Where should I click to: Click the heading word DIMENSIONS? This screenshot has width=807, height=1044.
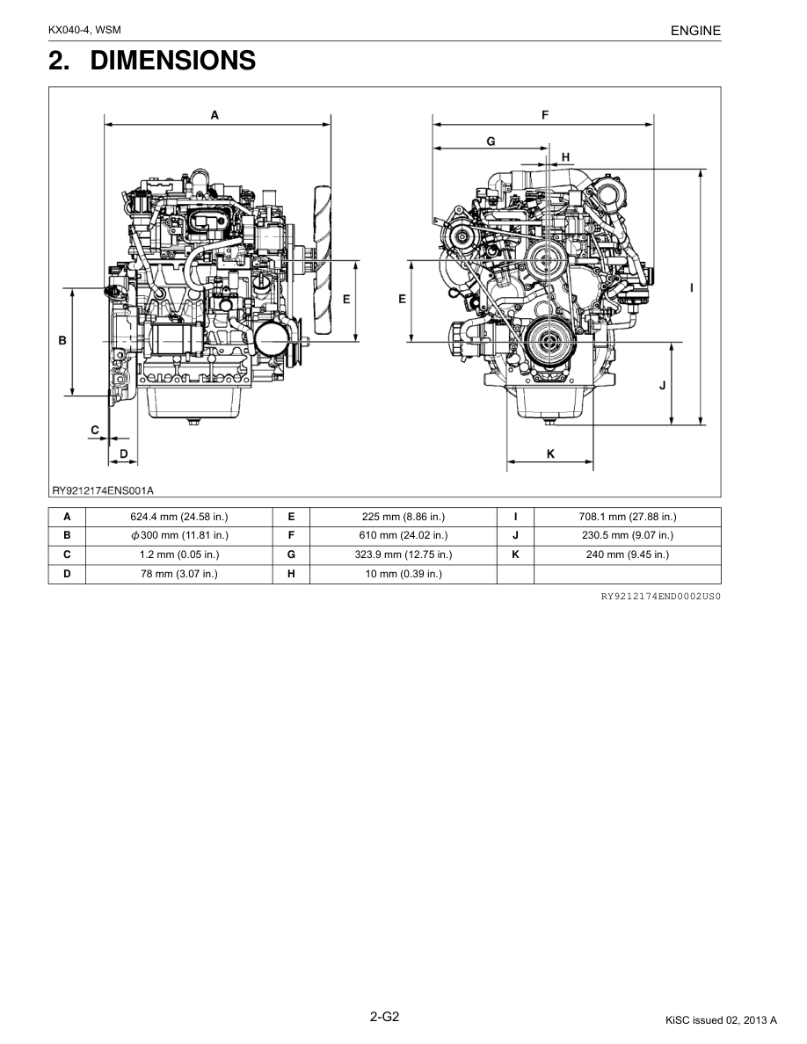click(x=172, y=61)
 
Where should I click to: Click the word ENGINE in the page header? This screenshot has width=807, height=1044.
click(x=695, y=31)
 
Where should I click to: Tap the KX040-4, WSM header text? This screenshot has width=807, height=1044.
click(x=84, y=30)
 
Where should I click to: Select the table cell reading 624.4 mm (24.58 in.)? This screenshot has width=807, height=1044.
click(x=179, y=517)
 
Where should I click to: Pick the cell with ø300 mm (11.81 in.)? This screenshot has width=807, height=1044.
click(x=179, y=535)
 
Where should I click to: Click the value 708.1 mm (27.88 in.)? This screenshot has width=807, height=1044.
click(x=627, y=517)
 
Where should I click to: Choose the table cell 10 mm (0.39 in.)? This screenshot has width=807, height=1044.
click(x=403, y=574)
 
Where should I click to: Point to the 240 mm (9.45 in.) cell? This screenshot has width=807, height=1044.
click(x=627, y=555)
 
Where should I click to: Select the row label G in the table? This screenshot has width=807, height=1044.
click(x=291, y=555)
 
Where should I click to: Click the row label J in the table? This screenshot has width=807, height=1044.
click(x=515, y=535)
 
